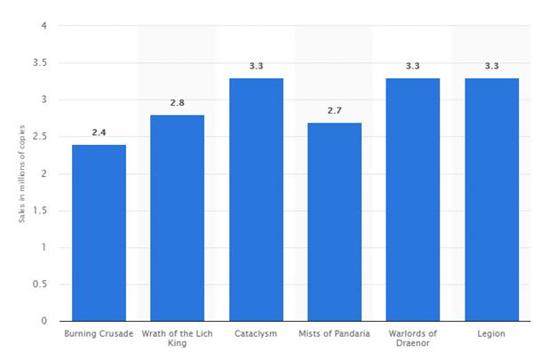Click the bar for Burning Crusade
tap(99, 232)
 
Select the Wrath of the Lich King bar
tap(177, 218)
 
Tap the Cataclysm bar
tap(256, 199)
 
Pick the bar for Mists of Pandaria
tap(334, 221)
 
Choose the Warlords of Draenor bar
tap(413, 199)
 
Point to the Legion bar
tap(491, 199)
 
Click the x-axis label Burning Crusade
tap(99, 334)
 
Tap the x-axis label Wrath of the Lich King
tap(177, 339)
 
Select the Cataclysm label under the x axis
tap(256, 334)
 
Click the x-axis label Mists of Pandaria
tap(334, 334)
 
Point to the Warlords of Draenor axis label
tap(413, 339)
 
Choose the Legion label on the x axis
tap(491, 334)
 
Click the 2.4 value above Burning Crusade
tap(99, 132)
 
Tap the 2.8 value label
tap(177, 103)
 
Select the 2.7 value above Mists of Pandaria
tap(334, 110)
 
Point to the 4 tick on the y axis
tap(44, 26)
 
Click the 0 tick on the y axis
tap(44, 321)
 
